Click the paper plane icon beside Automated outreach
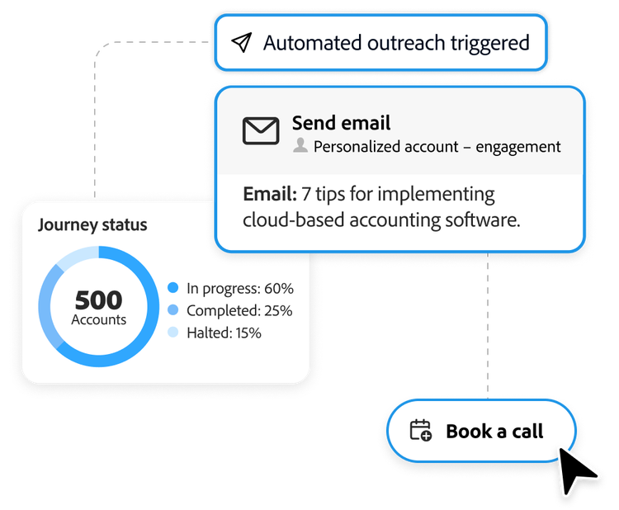(241, 43)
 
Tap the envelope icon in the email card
(261, 131)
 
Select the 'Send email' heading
(341, 123)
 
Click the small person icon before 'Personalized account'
(300, 147)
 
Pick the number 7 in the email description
(306, 195)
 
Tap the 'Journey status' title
(92, 224)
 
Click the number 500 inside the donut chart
(98, 300)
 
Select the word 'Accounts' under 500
(98, 320)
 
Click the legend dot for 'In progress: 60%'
(172, 288)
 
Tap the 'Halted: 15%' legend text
(224, 333)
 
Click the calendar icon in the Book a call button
(421, 431)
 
